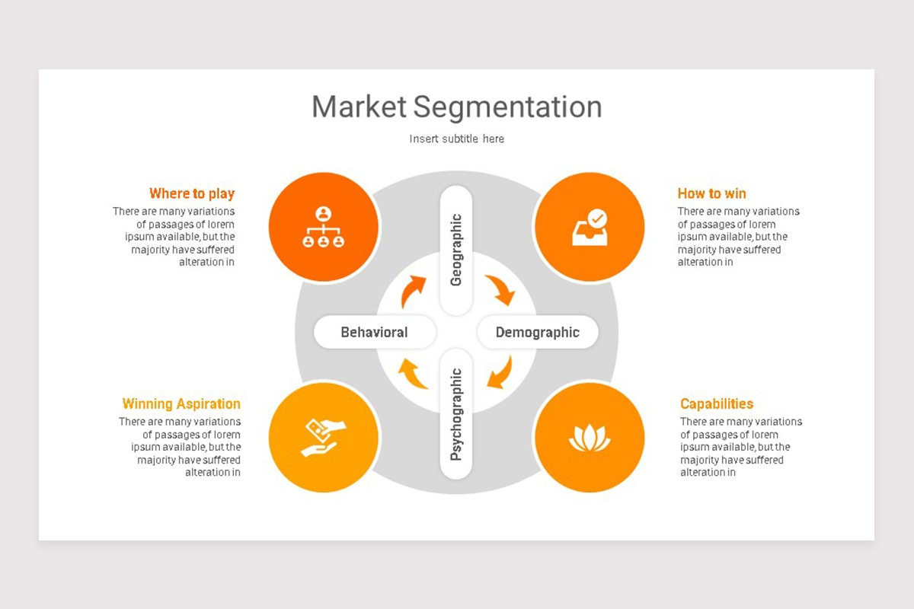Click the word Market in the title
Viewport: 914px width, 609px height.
pyautogui.click(x=359, y=107)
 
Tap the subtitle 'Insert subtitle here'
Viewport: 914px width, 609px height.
pyautogui.click(x=456, y=139)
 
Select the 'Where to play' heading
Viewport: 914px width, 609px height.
pyautogui.click(x=192, y=193)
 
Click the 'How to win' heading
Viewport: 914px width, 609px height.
pyautogui.click(x=711, y=193)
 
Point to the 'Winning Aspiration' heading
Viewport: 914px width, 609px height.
pyautogui.click(x=181, y=403)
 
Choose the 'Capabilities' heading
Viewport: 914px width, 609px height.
pyautogui.click(x=717, y=403)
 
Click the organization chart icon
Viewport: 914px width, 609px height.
pyautogui.click(x=323, y=227)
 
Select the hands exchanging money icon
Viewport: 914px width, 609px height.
pyautogui.click(x=323, y=438)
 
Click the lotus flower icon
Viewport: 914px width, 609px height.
pyautogui.click(x=590, y=438)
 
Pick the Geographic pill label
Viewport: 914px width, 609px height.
pyautogui.click(x=456, y=250)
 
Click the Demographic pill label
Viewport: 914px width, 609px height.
pyautogui.click(x=538, y=332)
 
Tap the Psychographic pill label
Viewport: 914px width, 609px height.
pyautogui.click(x=456, y=414)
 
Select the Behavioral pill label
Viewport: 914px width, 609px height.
pyautogui.click(x=375, y=332)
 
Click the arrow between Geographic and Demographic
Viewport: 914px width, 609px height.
pyautogui.click(x=502, y=288)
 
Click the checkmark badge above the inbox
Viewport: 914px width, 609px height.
pyautogui.click(x=597, y=218)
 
